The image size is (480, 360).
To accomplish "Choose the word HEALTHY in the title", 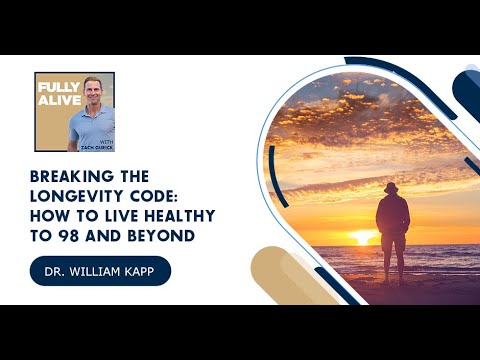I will pos(180,216).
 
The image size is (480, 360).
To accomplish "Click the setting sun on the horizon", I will pos(363,238).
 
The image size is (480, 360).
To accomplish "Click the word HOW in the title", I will pos(47,216).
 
